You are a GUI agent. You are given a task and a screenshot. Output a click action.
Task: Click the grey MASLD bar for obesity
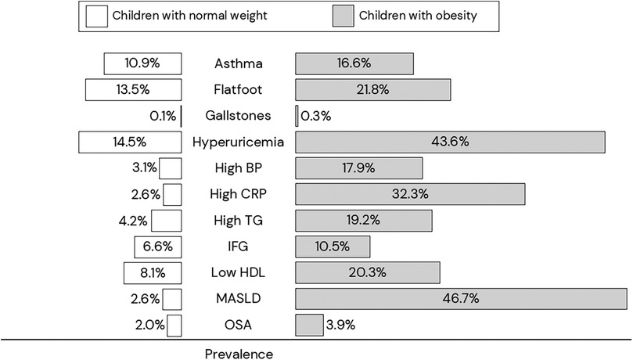point(462,298)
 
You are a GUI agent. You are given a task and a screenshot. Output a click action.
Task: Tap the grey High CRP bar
point(410,194)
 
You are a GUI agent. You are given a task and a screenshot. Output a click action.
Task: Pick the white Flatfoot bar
point(133,90)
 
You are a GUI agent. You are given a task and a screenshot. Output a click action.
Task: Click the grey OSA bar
point(309,324)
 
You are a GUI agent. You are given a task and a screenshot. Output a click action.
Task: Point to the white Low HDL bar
point(153,272)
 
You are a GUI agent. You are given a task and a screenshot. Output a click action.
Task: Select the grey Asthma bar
point(354,63)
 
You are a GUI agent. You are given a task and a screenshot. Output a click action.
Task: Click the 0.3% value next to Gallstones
point(316,116)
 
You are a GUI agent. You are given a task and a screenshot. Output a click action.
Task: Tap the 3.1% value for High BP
point(146,168)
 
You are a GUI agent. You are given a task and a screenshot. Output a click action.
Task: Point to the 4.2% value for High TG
point(138,220)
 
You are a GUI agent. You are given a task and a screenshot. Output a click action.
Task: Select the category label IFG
point(239,247)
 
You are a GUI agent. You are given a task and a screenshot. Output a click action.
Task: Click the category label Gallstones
point(239,116)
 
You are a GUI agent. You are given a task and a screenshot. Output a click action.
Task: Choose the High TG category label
point(239,220)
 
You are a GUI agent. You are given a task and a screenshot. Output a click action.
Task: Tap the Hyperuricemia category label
point(239,142)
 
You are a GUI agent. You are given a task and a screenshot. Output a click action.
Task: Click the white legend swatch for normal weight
point(96,15)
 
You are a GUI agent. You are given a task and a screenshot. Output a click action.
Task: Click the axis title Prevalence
point(239,354)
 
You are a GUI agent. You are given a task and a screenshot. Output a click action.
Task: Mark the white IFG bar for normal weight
point(158,247)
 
